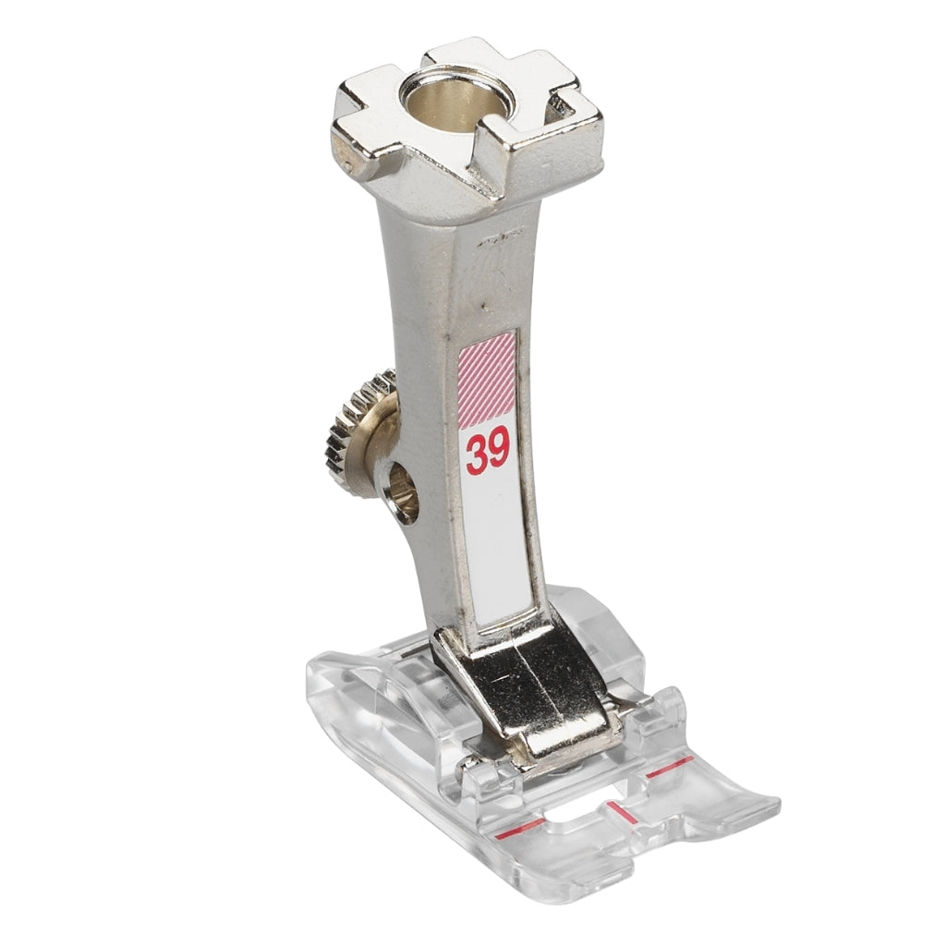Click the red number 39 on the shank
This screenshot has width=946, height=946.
pyautogui.click(x=488, y=452)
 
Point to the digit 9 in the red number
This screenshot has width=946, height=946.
pyautogui.click(x=500, y=451)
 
